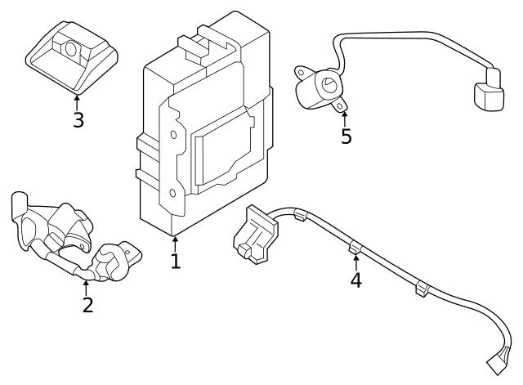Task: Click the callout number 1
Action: (x=175, y=261)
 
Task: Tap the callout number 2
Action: (x=87, y=305)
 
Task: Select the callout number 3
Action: (x=78, y=120)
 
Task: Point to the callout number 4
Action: (x=355, y=280)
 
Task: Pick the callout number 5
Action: (x=346, y=137)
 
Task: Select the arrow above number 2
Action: (x=86, y=287)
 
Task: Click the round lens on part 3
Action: (x=70, y=49)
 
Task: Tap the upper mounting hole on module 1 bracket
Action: (x=173, y=136)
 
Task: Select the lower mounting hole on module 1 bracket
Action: (x=172, y=194)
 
